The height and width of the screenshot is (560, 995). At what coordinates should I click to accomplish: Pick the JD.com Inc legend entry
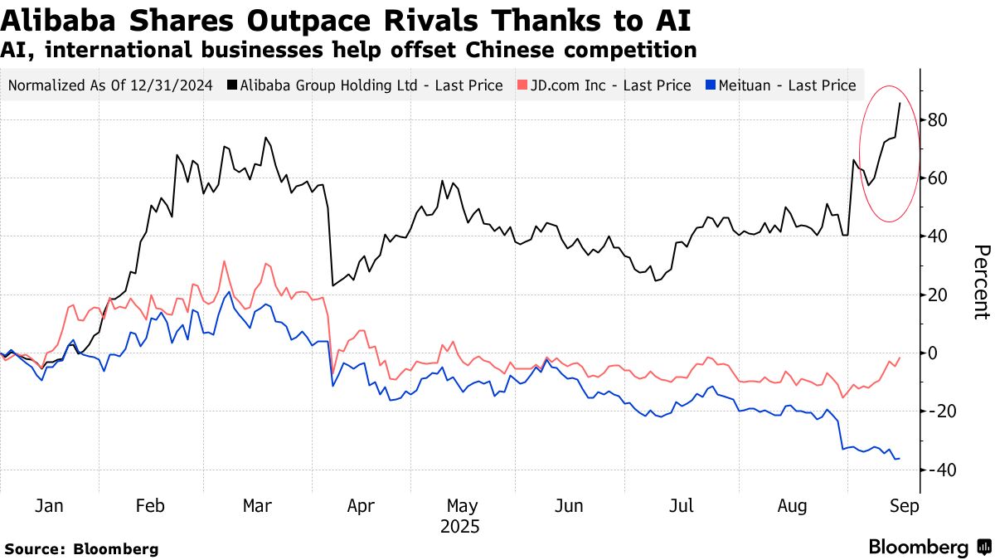608,85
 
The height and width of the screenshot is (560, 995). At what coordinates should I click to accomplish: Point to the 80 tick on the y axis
938,120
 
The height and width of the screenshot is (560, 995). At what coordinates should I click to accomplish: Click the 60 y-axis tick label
938,178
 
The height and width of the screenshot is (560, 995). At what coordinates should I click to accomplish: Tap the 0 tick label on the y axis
933,353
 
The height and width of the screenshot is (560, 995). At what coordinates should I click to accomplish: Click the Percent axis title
981,282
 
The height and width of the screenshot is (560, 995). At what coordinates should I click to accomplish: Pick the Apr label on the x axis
361,506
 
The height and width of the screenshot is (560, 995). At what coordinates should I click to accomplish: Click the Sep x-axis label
905,506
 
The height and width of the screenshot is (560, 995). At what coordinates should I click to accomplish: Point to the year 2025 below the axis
462,527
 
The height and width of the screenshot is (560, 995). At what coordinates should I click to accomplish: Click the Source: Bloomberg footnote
81,548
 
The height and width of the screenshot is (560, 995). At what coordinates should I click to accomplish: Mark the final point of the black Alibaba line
900,103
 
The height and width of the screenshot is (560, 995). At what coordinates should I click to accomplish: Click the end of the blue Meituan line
900,459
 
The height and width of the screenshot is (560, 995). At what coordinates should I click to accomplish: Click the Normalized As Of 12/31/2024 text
109,85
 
